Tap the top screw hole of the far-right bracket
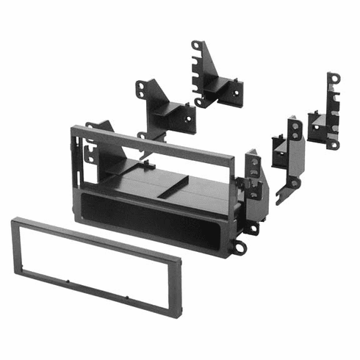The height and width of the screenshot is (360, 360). click(334, 76)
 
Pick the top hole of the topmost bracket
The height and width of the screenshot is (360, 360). click(197, 46)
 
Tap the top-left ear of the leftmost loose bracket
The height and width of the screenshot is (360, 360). click(139, 87)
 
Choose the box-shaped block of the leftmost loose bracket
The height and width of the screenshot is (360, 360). click(173, 116)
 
